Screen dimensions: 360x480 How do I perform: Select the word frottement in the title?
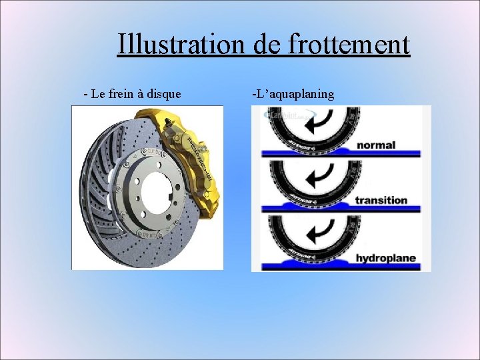[349, 45]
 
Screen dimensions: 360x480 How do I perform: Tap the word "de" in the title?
[268, 45]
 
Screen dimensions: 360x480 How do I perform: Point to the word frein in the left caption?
[121, 94]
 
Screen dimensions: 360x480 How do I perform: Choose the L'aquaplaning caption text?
[293, 94]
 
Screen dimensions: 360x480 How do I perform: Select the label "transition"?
[381, 200]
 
